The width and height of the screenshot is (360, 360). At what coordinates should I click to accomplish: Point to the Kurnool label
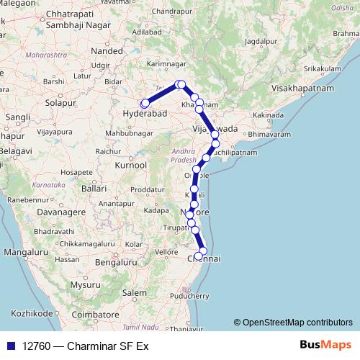tap(132, 165)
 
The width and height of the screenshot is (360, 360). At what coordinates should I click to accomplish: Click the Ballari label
tap(95, 188)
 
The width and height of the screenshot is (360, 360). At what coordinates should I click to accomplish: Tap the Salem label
tap(133, 293)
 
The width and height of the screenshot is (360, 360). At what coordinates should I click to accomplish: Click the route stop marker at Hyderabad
tap(145, 104)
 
